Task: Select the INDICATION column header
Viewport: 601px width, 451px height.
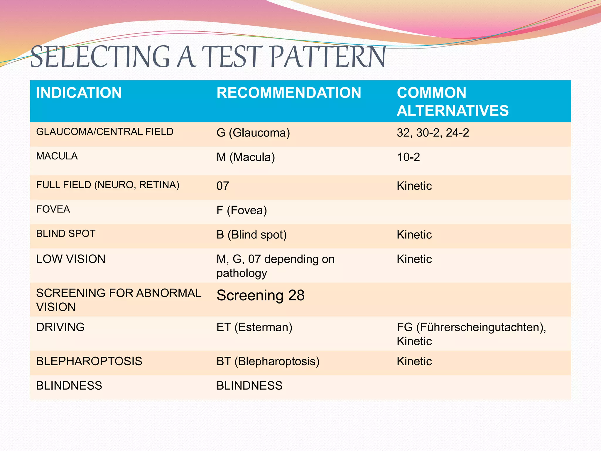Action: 79,93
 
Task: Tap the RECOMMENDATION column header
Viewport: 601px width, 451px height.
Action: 289,93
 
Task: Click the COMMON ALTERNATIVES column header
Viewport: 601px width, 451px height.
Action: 453,102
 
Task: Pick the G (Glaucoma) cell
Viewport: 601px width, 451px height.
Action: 253,133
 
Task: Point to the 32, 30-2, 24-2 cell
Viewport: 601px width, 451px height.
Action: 433,133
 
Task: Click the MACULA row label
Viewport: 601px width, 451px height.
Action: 57,156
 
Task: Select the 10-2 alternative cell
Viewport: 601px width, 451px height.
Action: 408,157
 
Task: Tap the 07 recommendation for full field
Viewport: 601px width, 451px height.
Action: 223,186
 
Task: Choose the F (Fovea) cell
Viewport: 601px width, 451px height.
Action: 242,210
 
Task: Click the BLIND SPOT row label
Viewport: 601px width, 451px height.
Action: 66,234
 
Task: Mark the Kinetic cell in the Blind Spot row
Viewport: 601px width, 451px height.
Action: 414,235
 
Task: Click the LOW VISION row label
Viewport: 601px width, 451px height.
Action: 71,259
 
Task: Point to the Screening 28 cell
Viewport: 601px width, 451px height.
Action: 260,295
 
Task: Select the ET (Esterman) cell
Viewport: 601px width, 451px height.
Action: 254,327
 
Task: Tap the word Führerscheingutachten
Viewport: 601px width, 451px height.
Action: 480,327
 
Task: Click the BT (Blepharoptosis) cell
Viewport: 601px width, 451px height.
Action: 268,361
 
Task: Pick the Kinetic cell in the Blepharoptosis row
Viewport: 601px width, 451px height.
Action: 414,361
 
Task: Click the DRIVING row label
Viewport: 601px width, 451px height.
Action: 60,327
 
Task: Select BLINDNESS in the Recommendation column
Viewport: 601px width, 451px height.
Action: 249,386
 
